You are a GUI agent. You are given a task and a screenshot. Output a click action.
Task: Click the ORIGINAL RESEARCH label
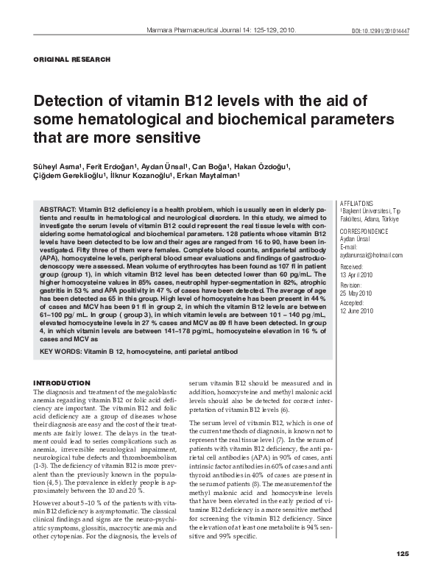[x=72, y=59]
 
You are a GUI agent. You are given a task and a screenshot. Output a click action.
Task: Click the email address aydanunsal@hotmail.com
[x=368, y=254]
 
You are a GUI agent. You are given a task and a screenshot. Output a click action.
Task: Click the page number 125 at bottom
[x=401, y=574]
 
